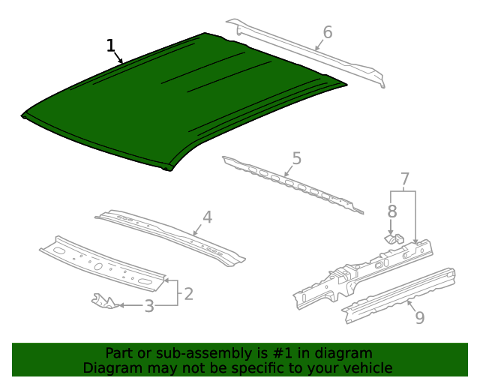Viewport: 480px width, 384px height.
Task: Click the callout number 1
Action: pos(111,46)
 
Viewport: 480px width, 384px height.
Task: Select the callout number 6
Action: pos(327,32)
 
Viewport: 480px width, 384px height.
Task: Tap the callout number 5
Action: pos(297,159)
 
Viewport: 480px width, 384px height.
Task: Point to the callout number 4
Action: pos(207,217)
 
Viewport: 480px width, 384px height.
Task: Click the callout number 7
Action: pos(404,179)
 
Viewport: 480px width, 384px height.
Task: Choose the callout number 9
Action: pos(419,317)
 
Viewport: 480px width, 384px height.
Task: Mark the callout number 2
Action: pos(189,293)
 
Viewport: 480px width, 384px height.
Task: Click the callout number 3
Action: pos(149,306)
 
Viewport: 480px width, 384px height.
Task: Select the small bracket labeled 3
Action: pos(104,301)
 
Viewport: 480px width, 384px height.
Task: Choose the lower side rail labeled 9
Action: pos(397,295)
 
